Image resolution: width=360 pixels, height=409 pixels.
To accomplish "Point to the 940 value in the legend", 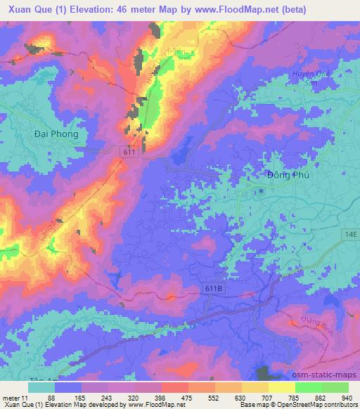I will coord(347,397).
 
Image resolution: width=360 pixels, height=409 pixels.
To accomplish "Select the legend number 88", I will coord(51,397).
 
